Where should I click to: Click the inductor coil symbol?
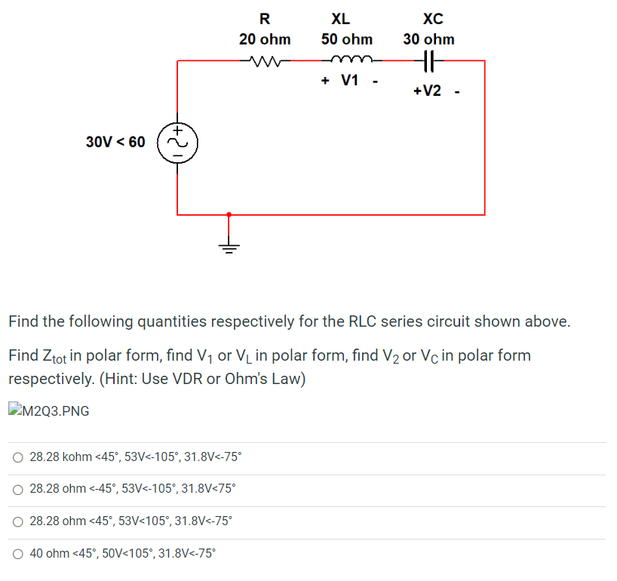[x=347, y=61]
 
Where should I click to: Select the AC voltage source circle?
[x=177, y=141]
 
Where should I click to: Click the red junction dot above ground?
[x=229, y=214]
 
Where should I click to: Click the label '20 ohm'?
[x=265, y=38]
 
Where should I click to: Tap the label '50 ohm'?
[x=346, y=38]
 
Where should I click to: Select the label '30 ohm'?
[x=428, y=38]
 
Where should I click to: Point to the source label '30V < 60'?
[x=115, y=141]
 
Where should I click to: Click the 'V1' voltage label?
[x=350, y=81]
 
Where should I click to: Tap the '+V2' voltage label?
[x=427, y=91]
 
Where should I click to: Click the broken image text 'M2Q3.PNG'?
[x=57, y=410]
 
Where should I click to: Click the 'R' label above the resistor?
[x=264, y=18]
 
